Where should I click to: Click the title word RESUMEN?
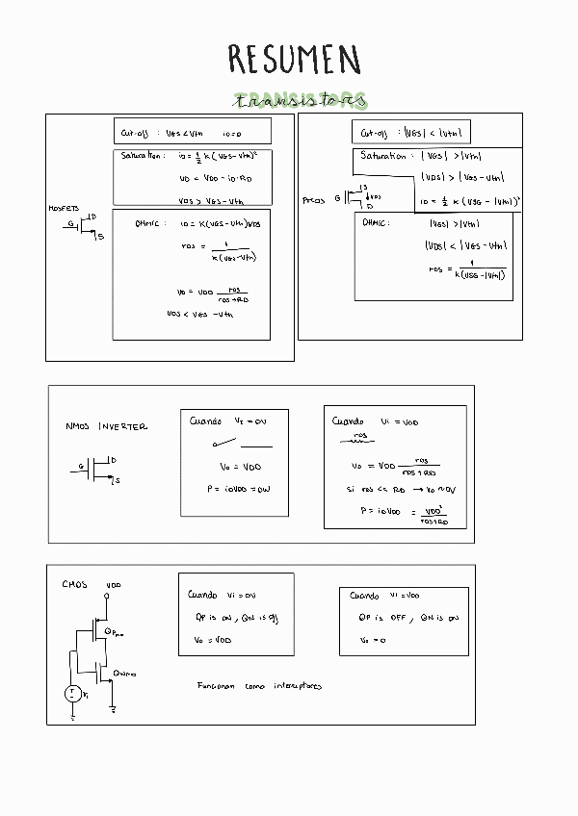(x=294, y=59)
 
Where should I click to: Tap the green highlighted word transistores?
(x=302, y=101)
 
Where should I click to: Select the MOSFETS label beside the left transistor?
(x=64, y=208)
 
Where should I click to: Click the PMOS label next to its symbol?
(x=314, y=201)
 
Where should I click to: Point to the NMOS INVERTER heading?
(x=106, y=426)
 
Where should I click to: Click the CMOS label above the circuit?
(x=74, y=584)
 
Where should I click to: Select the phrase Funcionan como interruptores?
(x=259, y=686)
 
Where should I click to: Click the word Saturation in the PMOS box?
(x=382, y=156)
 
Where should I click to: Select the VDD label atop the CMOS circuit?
(x=114, y=584)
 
